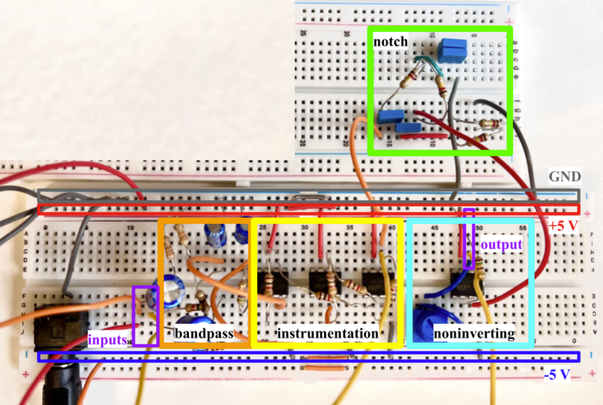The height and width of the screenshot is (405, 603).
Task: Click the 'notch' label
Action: tap(390, 41)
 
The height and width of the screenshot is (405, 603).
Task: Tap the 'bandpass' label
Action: tap(204, 333)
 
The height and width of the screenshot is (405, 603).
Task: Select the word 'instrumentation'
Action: tap(327, 333)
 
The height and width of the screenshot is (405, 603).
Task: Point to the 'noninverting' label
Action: tap(474, 333)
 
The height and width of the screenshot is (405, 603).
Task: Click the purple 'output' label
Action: tap(502, 245)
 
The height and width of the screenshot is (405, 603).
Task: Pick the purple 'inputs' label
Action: tap(108, 340)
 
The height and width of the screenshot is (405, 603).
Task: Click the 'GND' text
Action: tap(564, 177)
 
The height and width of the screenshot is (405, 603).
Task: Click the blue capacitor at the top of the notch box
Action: tap(452, 50)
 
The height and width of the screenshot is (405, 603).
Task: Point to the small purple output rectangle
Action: tap(469, 239)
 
